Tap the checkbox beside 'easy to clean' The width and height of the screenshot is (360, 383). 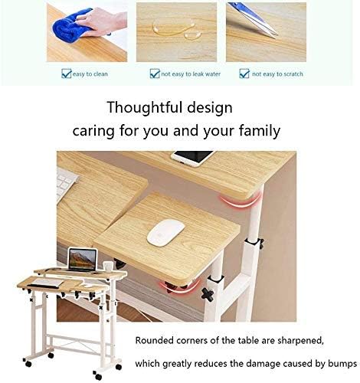coord(66,74)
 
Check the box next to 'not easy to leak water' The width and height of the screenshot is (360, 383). coord(154,74)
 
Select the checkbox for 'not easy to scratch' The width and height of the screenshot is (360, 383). coord(245,74)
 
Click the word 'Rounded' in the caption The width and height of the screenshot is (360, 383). coord(155,339)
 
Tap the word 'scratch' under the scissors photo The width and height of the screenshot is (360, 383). coord(291,74)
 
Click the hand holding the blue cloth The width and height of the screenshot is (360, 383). coord(107,21)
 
